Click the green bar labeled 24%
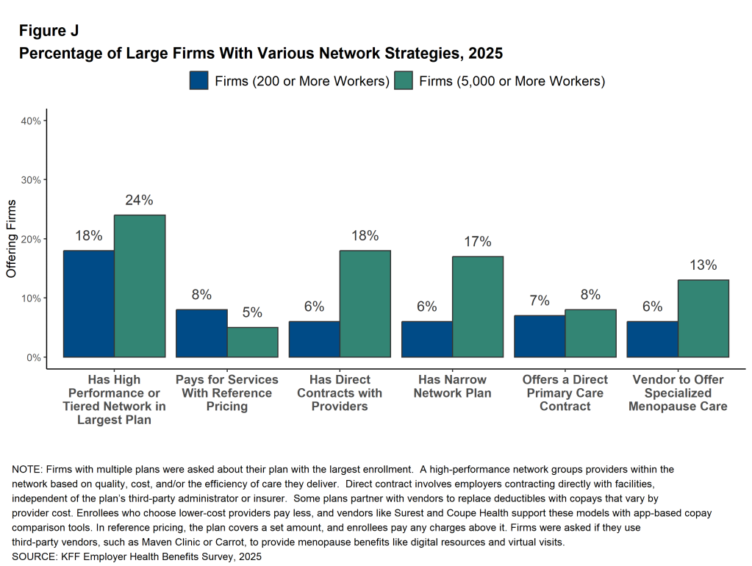click(x=140, y=286)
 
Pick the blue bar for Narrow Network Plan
click(x=427, y=339)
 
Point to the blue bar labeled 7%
click(x=540, y=336)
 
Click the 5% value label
click(x=252, y=312)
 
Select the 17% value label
click(x=478, y=242)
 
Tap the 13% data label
click(x=703, y=265)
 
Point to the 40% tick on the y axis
click(x=30, y=121)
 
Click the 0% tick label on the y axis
click(x=33, y=357)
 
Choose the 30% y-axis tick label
click(x=30, y=179)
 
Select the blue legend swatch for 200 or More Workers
click(x=198, y=80)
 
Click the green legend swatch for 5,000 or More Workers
click(x=404, y=80)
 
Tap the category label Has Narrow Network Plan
click(x=452, y=386)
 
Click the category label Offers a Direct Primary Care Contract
click(x=565, y=393)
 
